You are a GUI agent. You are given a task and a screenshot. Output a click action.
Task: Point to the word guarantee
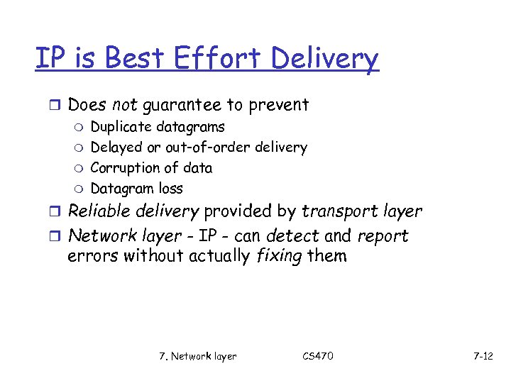(182, 106)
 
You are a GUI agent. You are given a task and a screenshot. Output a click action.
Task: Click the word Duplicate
(121, 128)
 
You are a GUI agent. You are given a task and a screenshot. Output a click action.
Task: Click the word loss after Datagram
(170, 189)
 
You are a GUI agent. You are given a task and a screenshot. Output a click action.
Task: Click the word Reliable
(97, 211)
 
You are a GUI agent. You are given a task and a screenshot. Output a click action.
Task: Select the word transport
(337, 212)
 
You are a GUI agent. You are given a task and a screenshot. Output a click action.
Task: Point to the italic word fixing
(279, 255)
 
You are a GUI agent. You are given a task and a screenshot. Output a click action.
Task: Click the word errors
(92, 256)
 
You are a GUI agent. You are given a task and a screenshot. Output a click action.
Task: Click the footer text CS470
(317, 356)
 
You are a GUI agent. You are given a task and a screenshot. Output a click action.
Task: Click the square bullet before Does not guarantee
(57, 106)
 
